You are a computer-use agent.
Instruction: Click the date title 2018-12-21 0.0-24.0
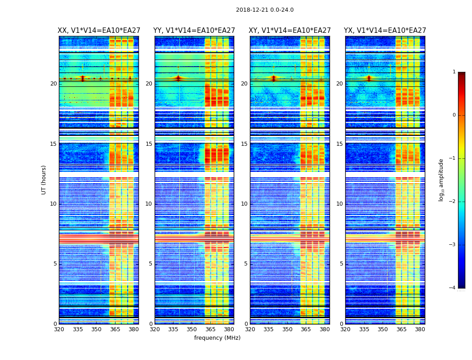pos(265,10)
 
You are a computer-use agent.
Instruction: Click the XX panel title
pos(99,31)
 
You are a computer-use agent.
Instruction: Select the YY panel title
pos(194,31)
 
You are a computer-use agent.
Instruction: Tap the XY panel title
pos(290,31)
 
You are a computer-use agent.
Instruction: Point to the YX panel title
pos(385,31)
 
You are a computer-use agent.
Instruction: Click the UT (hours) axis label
pos(44,180)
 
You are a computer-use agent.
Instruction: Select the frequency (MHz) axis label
pos(217,338)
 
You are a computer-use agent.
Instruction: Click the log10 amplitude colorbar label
pos(441,180)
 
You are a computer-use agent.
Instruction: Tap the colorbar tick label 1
pos(454,72)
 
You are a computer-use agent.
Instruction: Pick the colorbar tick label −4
pos(453,288)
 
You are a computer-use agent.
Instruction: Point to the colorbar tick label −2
pos(453,202)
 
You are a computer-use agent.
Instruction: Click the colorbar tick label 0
pos(454,115)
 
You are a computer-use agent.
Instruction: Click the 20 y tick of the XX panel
pos(54,84)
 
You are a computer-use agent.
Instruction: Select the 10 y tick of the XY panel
pos(244,204)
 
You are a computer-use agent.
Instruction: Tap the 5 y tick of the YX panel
pos(341,264)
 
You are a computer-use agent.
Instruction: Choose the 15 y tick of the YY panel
pos(149,144)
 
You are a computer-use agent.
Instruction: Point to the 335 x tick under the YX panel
pos(364,329)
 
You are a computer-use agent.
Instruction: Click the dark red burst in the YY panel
pos(178,78)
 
